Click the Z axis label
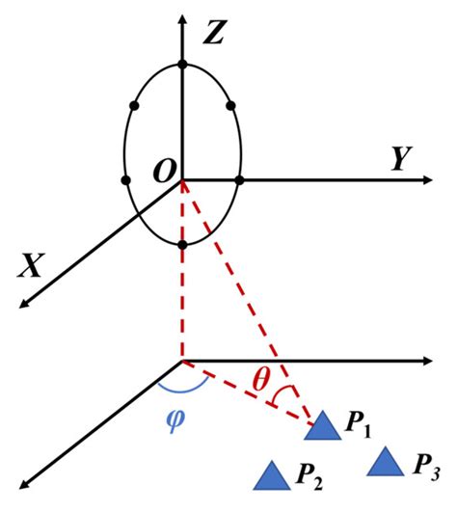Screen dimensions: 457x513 point(214,36)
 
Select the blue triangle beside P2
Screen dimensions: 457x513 point(273,472)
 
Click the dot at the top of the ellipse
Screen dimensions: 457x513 point(182,65)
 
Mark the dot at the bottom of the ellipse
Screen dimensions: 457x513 point(182,245)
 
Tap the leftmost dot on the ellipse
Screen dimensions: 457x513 point(125,180)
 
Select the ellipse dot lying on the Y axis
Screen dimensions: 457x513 point(239,179)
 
